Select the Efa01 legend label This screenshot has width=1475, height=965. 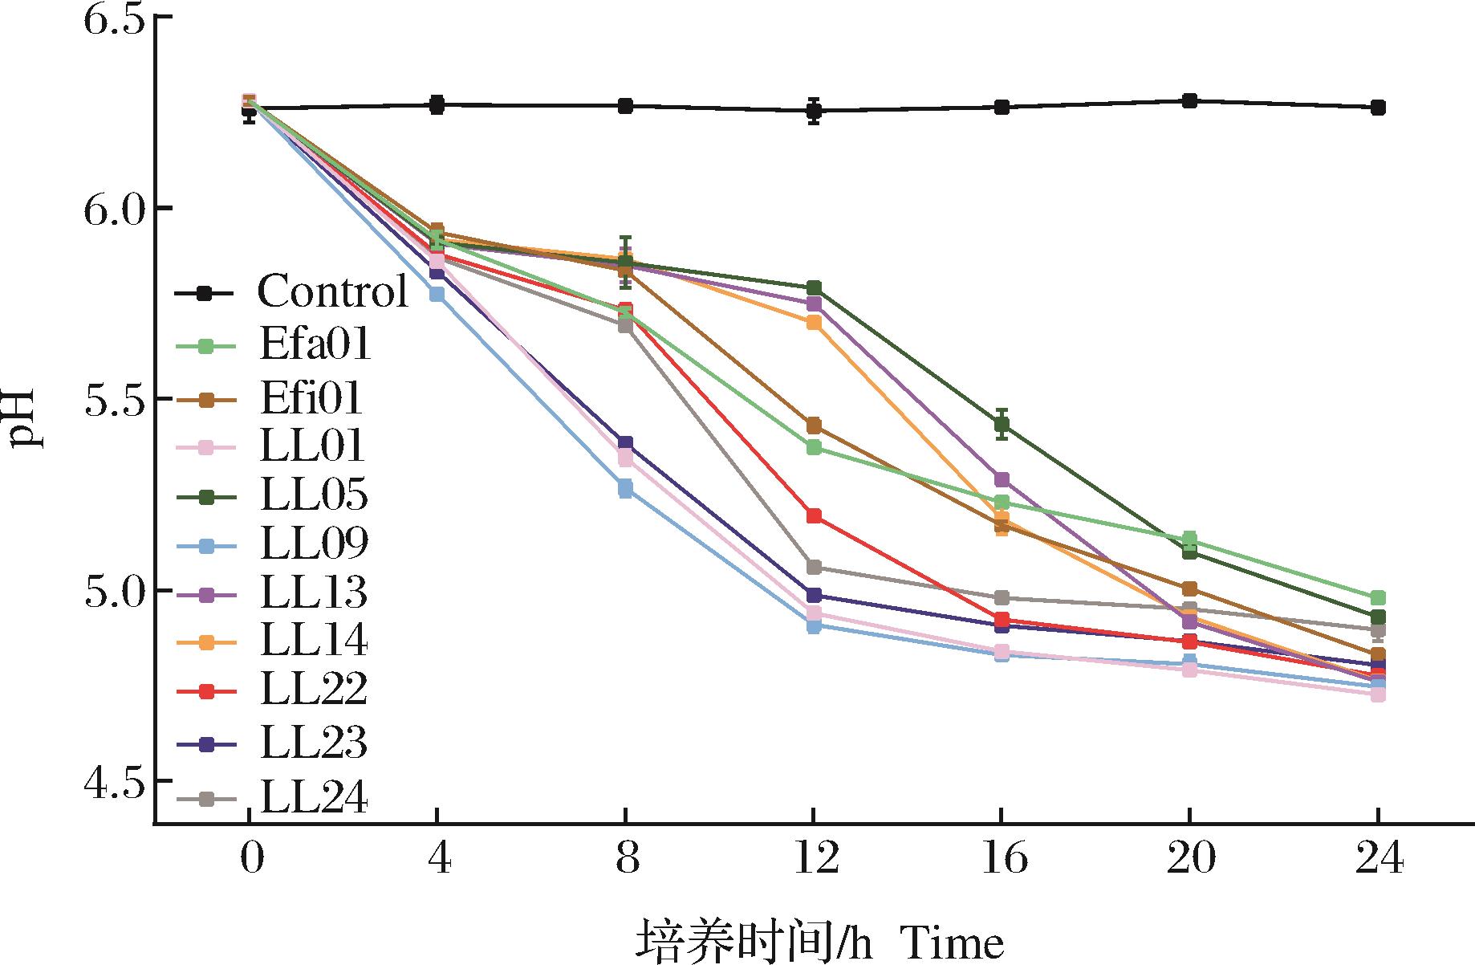(315, 344)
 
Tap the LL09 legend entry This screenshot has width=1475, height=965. (314, 544)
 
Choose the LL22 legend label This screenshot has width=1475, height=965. (314, 690)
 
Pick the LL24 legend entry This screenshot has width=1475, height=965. (314, 798)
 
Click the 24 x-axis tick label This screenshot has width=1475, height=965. (1378, 860)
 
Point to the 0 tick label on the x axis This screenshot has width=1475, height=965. (250, 860)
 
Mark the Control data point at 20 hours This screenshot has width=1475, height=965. (1189, 101)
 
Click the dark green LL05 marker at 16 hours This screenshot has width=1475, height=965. (1002, 425)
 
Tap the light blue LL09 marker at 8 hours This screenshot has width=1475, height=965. (625, 489)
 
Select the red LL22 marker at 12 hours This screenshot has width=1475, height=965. (814, 516)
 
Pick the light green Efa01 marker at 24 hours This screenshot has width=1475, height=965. (1378, 598)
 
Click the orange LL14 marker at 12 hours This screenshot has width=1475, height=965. (814, 323)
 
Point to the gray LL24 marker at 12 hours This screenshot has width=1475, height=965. (814, 568)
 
